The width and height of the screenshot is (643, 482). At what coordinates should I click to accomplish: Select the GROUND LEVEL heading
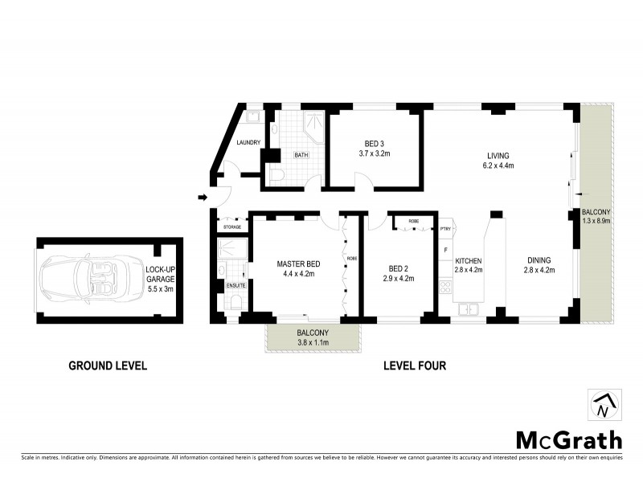(107, 366)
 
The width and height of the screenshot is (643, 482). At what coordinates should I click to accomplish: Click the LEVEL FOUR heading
(415, 366)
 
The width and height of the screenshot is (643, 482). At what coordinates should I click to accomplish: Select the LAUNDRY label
(249, 143)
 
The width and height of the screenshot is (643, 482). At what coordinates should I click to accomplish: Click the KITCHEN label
(469, 261)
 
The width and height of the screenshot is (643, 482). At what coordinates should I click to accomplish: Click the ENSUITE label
(235, 285)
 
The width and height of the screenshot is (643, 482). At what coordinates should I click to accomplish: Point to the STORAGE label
(231, 228)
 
